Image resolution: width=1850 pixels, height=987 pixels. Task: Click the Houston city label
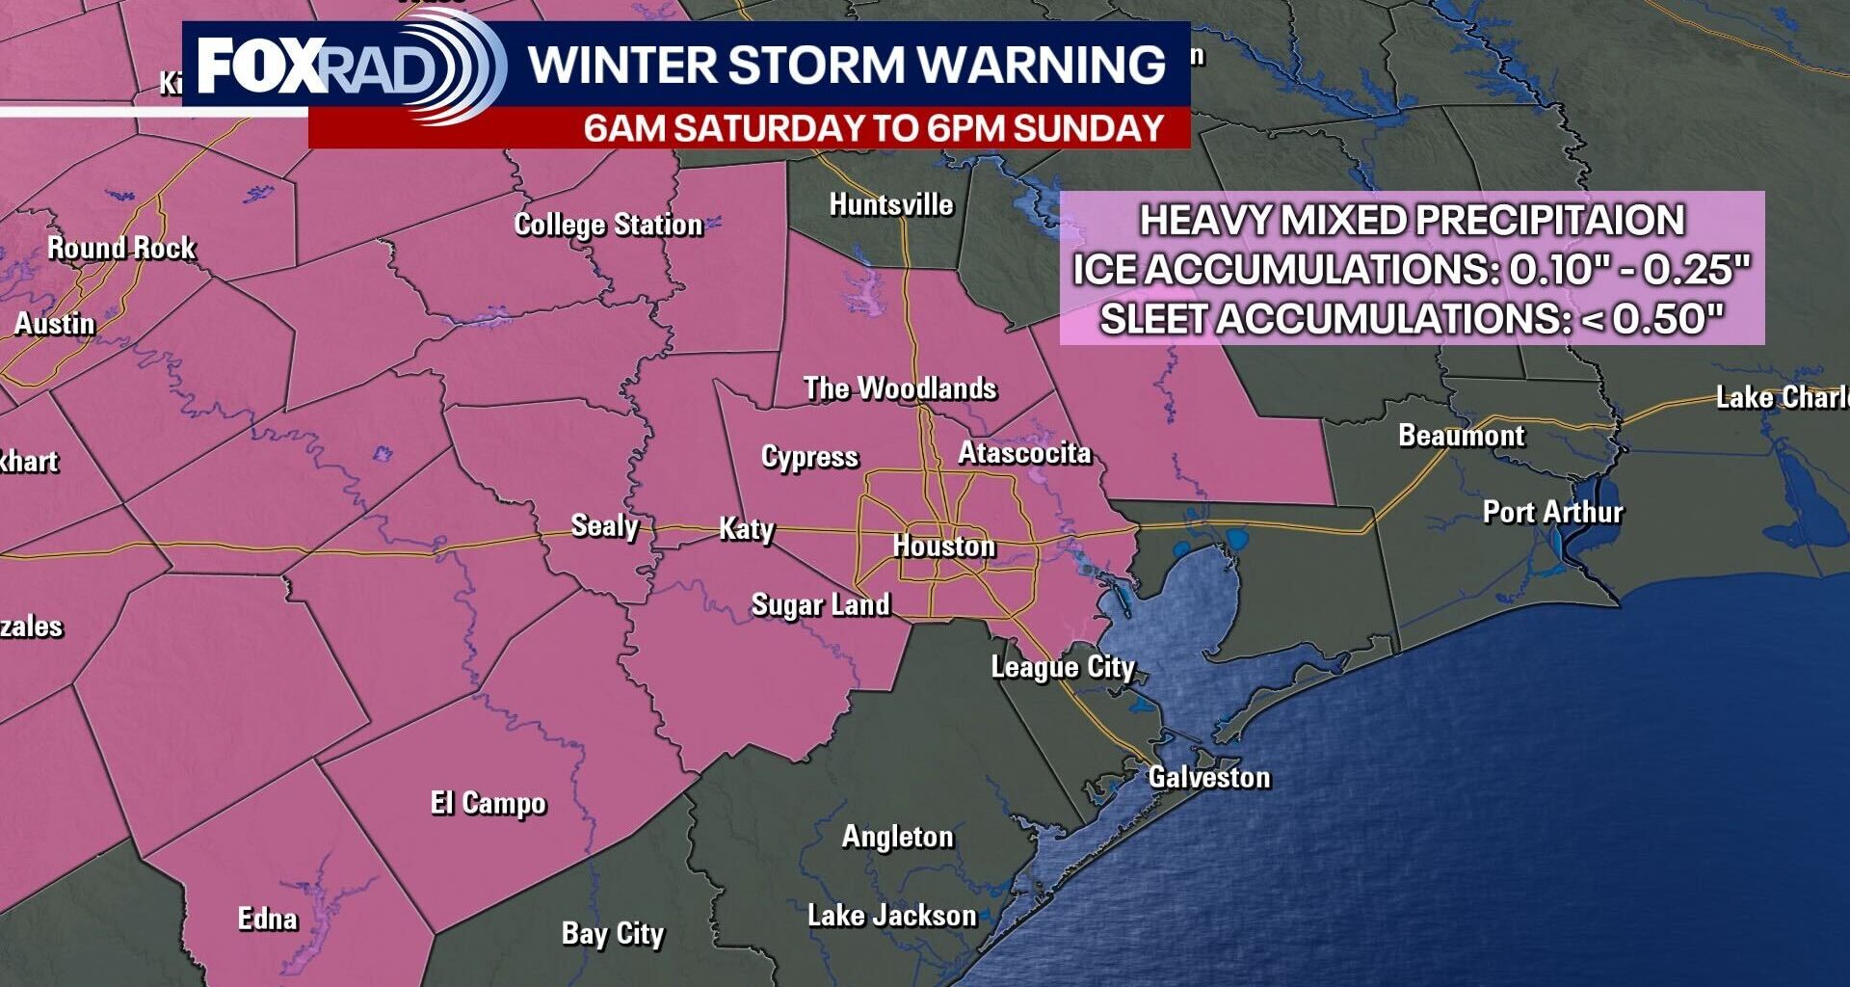coord(943,547)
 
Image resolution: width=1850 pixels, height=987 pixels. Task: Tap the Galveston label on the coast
coord(1209,777)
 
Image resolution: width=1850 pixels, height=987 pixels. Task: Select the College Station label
coord(608,225)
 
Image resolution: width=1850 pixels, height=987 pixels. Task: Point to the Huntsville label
coord(891,204)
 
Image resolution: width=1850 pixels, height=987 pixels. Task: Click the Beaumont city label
coord(1462,436)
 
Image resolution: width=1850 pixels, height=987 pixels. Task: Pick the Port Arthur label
coord(1552,512)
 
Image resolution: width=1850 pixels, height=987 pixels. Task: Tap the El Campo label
coord(489,803)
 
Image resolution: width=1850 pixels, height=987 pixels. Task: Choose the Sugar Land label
coord(820,605)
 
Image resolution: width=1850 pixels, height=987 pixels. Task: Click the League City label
coord(1063,667)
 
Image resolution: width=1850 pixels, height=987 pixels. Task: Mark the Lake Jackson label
coord(891,915)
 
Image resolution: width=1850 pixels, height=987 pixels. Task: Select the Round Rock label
coord(121,248)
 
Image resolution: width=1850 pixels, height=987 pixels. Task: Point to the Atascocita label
coord(1024,453)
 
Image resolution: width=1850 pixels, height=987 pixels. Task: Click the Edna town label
coord(267,919)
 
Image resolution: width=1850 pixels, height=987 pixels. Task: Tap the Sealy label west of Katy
coord(604,526)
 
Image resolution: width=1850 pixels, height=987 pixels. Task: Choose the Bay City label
coord(613,933)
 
